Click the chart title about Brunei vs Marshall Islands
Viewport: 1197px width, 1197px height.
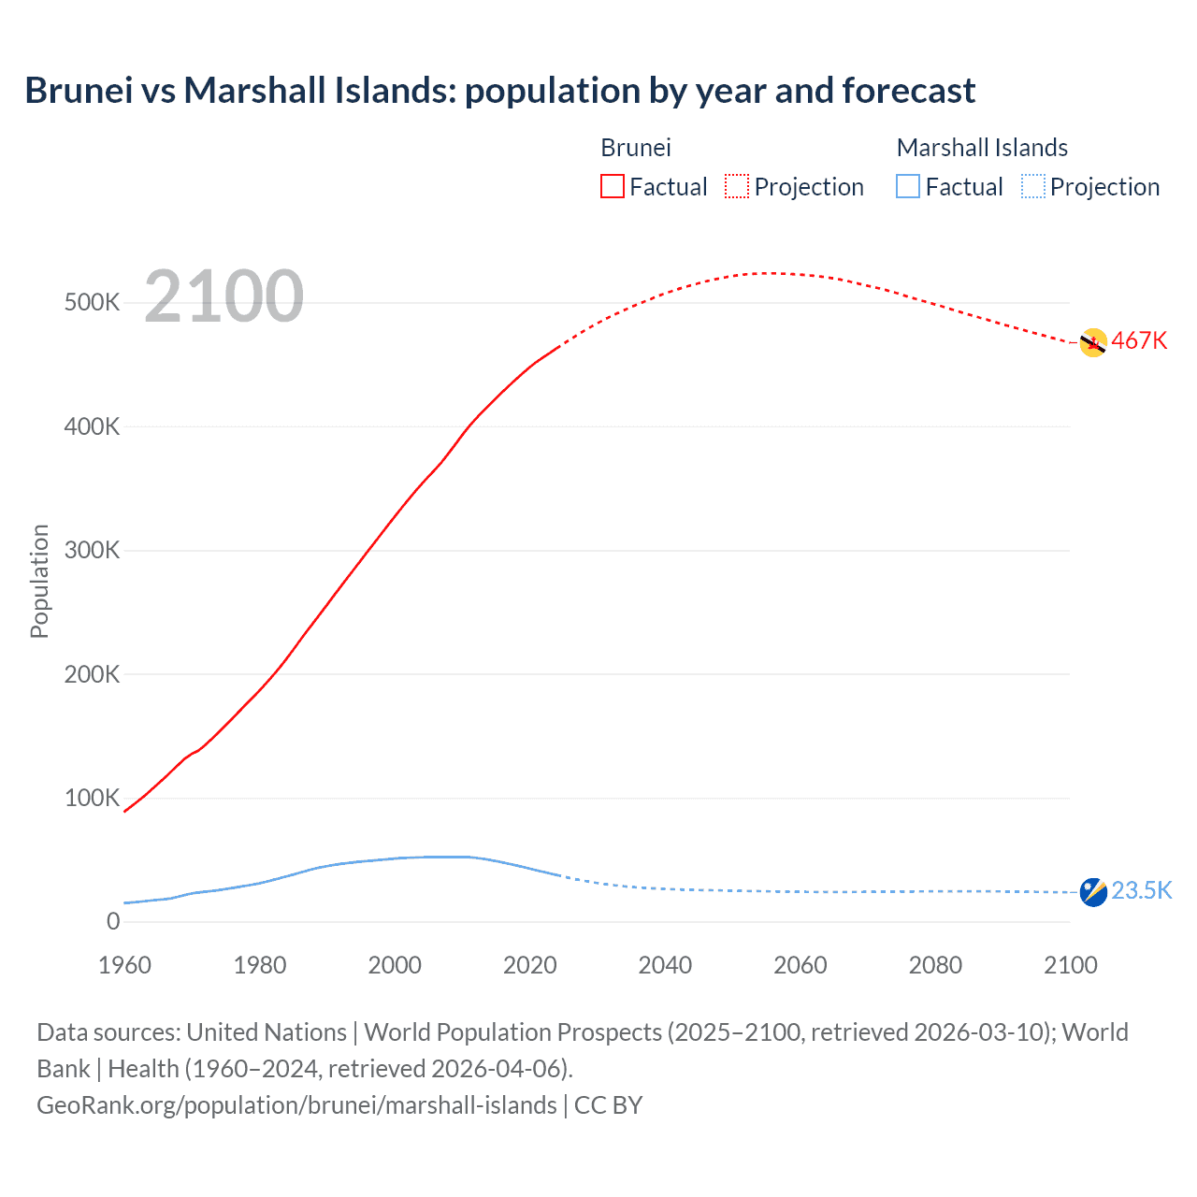(499, 91)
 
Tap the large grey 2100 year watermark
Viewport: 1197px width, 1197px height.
(224, 296)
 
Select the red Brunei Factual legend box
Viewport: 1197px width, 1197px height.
(612, 186)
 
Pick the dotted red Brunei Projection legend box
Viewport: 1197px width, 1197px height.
(737, 186)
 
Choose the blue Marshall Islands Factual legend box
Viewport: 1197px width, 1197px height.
(908, 186)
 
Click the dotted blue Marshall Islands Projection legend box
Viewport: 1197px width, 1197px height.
(1033, 186)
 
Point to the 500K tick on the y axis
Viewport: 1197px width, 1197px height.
(92, 303)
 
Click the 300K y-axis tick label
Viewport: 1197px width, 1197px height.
(92, 550)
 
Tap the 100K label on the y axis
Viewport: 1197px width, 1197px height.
(92, 798)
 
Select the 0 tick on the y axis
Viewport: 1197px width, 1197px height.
(113, 921)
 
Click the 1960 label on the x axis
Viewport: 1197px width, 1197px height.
(124, 965)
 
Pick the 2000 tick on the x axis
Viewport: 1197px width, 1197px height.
(395, 965)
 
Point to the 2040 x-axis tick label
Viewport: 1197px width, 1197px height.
(665, 965)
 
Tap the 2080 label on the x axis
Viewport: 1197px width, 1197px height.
(935, 965)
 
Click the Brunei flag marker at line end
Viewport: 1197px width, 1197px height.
(1093, 343)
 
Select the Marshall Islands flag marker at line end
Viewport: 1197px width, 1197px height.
(1093, 892)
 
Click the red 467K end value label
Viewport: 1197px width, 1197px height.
(1139, 341)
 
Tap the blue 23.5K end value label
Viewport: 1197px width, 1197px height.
(1141, 890)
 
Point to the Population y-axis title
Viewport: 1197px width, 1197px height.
(39, 581)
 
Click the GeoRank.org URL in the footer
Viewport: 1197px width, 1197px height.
(296, 1105)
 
